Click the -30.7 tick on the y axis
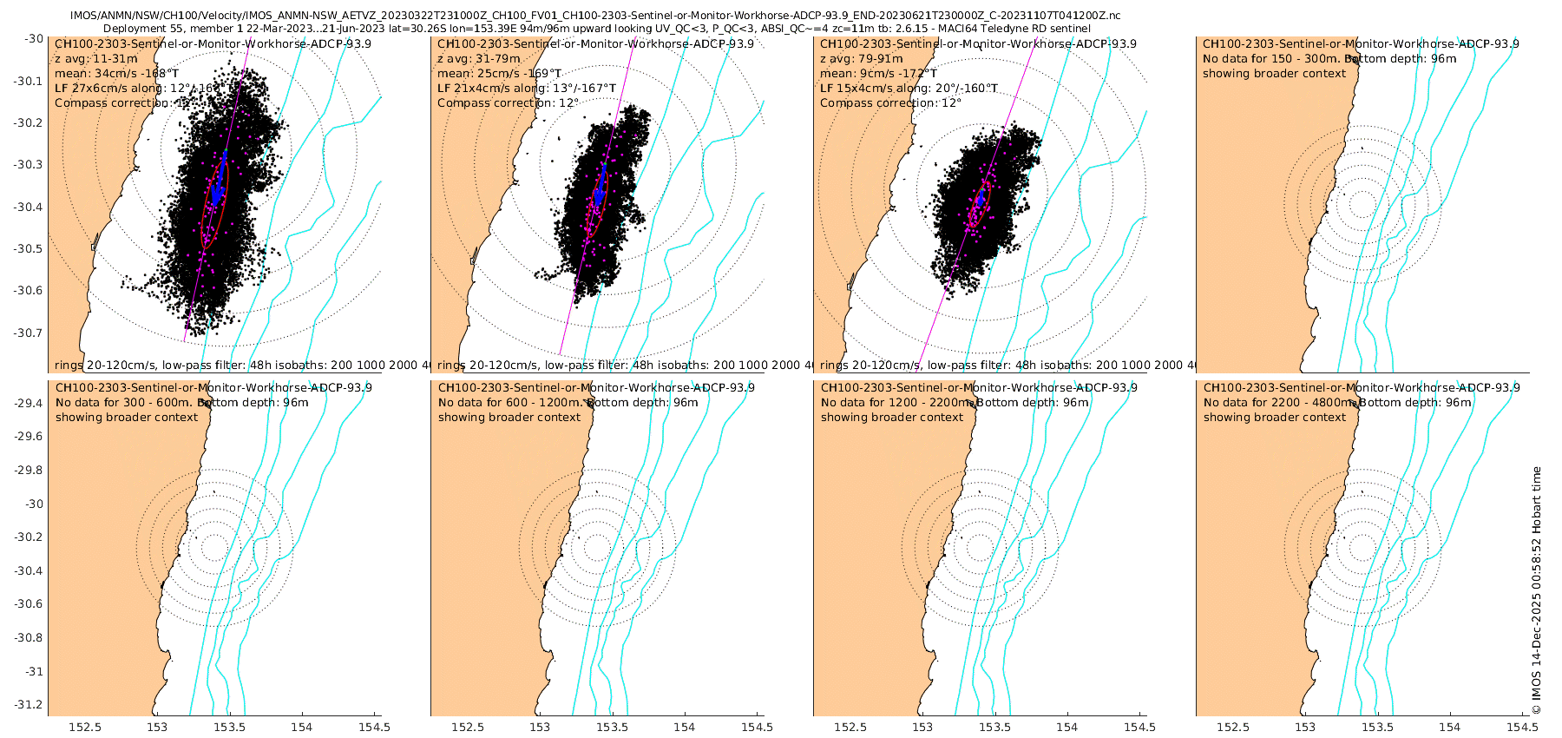[x=31, y=333]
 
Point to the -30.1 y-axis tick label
[x=31, y=81]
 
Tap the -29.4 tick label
[x=31, y=403]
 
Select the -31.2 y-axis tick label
[x=31, y=704]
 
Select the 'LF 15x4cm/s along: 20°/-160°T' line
[x=909, y=88]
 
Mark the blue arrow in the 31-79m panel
[x=601, y=187]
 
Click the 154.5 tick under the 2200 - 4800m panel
[x=1520, y=728]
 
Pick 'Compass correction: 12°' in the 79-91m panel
[x=890, y=102]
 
